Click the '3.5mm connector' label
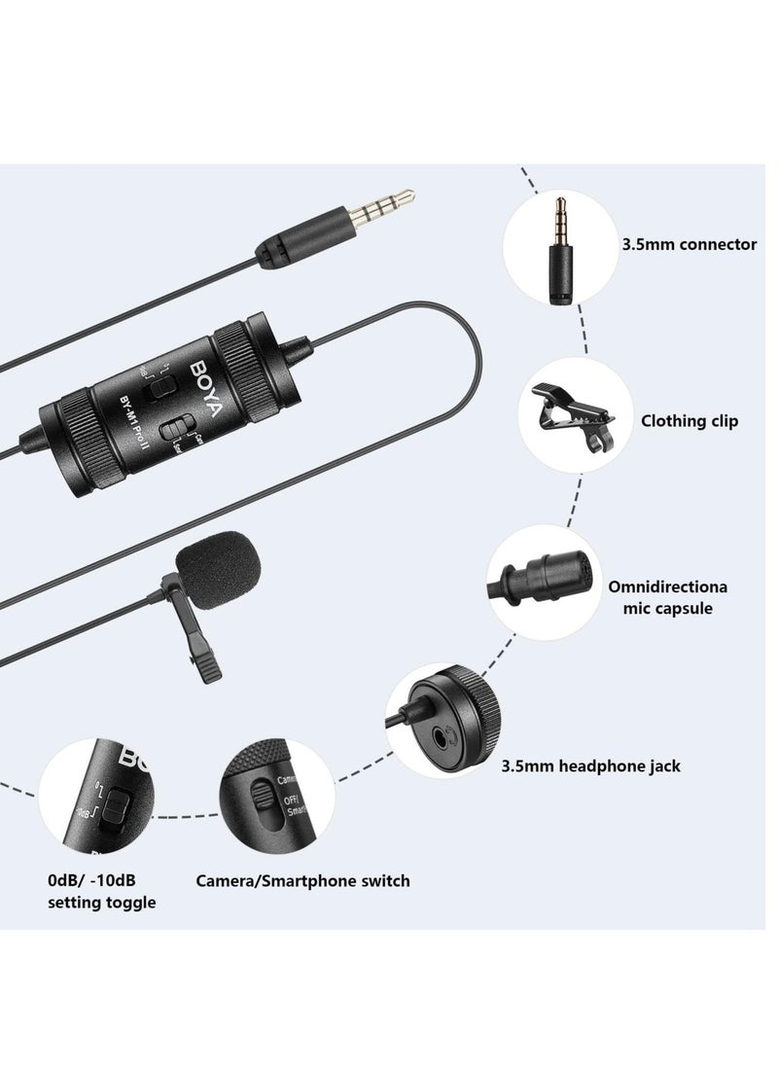tap(689, 244)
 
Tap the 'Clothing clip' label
tap(689, 421)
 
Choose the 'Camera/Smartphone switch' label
tap(302, 881)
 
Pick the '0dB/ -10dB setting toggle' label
tap(101, 892)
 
